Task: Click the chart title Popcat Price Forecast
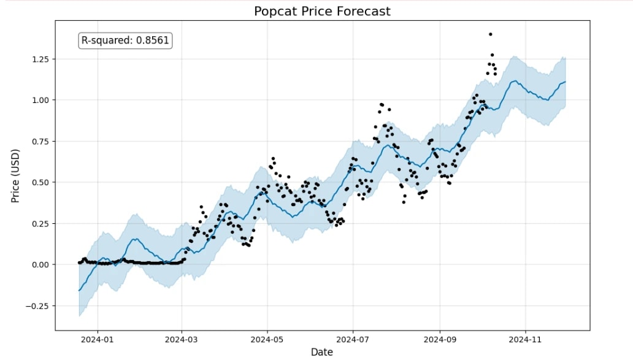point(322,11)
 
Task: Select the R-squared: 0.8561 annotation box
point(126,40)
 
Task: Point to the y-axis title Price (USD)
point(15,175)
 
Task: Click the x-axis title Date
point(321,351)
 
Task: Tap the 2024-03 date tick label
point(182,338)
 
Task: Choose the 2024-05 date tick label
point(267,338)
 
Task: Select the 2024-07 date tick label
point(353,338)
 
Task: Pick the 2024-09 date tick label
point(440,338)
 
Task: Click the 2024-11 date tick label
point(526,338)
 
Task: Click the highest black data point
point(490,34)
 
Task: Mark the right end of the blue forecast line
point(565,82)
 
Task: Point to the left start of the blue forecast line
point(79,290)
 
